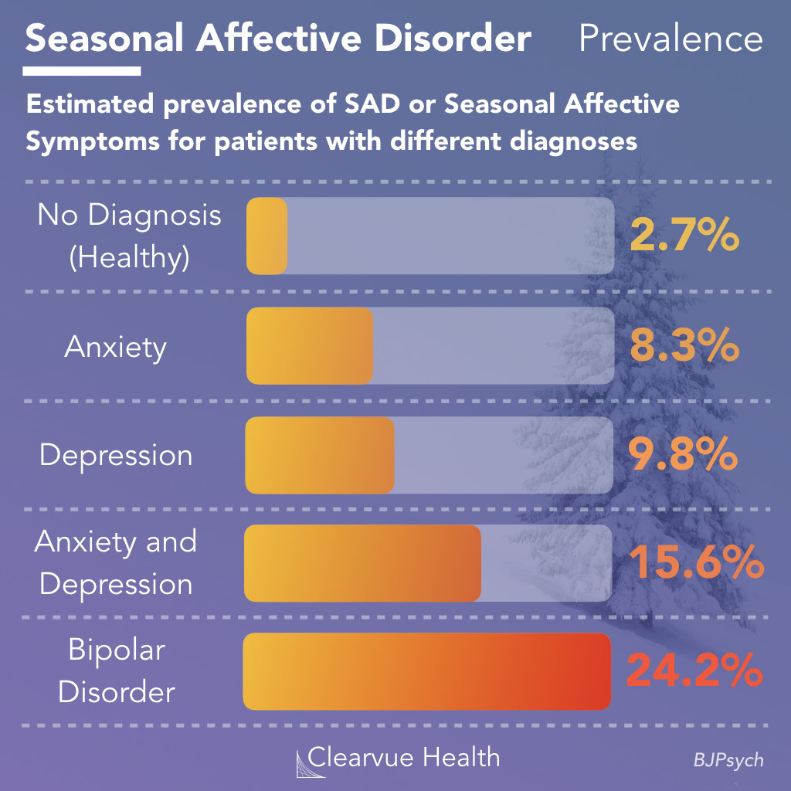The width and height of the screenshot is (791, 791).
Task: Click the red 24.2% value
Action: tap(694, 671)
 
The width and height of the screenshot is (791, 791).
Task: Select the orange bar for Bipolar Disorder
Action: tap(426, 671)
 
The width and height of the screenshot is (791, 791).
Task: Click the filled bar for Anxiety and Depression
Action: tap(362, 563)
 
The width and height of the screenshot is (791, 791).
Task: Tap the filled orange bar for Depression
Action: tap(320, 455)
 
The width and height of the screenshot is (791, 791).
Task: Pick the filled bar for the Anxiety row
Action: tap(310, 346)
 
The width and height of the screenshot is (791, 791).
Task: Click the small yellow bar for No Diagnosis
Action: tap(266, 236)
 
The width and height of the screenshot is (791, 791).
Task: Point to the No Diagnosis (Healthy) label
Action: tap(129, 236)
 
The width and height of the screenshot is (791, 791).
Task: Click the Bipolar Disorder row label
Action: tap(117, 670)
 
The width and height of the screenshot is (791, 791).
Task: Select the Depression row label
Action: tap(116, 455)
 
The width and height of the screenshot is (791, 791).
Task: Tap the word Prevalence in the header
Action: tap(670, 39)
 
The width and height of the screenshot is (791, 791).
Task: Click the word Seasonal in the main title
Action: tap(105, 39)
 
